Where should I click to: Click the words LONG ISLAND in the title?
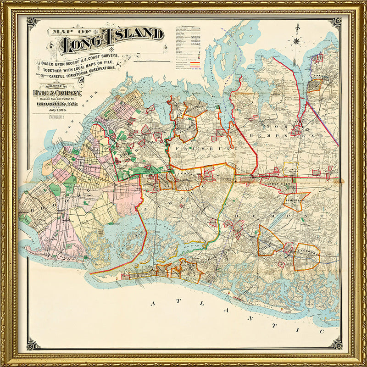point(112,41)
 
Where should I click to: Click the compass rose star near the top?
point(297,41)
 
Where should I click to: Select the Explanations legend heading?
point(188,28)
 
